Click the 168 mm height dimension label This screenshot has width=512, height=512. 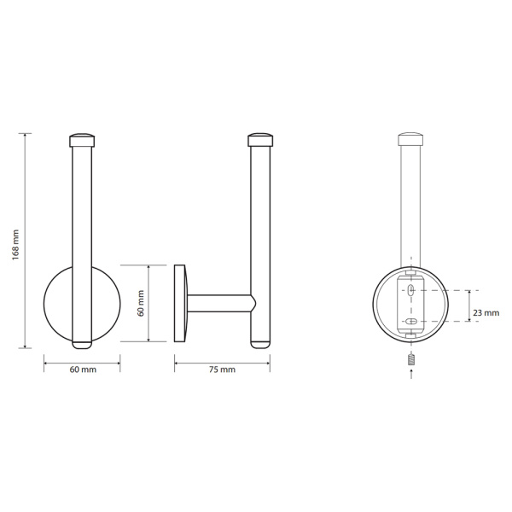(15, 245)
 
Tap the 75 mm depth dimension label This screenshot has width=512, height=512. (222, 369)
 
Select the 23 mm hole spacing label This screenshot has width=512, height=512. (486, 313)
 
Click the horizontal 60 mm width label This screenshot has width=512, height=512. (83, 369)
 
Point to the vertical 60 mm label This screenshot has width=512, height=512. (141, 303)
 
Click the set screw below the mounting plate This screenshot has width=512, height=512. (410, 360)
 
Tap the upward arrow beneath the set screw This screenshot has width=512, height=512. (410, 374)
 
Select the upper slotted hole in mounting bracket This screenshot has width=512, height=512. (411, 289)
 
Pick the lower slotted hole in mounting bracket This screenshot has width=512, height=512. (411, 322)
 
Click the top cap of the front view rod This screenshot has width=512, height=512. (82, 140)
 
